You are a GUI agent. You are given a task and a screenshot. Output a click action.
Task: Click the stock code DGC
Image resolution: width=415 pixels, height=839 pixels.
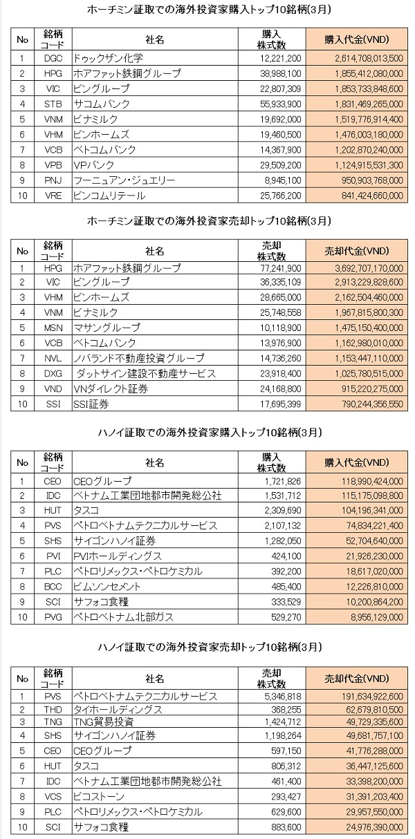point(53,58)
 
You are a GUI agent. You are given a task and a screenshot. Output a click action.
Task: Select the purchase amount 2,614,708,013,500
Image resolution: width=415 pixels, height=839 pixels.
point(369,58)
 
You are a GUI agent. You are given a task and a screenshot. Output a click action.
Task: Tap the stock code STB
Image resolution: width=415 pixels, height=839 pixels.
point(53,104)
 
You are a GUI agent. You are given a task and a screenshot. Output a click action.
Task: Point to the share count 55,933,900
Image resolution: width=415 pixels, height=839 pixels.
point(281,104)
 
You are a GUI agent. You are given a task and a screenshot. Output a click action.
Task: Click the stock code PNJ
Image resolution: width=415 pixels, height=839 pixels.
point(53,180)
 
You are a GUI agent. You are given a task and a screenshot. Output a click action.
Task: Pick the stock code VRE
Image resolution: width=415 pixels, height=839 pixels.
point(53,196)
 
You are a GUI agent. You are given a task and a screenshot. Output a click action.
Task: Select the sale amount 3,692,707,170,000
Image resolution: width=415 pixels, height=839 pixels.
point(369,268)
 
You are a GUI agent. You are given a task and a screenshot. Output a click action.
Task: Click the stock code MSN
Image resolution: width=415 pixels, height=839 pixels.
point(53,328)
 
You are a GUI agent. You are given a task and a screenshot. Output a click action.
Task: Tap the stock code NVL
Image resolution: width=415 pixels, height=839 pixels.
point(53,359)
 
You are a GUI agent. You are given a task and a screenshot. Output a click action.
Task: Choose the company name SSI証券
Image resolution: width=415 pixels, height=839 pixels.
point(91,404)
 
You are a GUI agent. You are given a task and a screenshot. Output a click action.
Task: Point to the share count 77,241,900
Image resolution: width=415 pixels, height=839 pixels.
point(281,268)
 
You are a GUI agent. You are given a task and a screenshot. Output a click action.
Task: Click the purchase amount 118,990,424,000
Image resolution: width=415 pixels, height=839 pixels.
point(372,481)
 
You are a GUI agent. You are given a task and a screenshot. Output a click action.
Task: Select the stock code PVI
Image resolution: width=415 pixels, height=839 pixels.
point(53,556)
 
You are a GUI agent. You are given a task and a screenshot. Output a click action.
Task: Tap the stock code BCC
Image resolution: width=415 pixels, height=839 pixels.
point(53,587)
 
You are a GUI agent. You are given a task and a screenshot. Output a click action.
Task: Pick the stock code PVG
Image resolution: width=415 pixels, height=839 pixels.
point(53,617)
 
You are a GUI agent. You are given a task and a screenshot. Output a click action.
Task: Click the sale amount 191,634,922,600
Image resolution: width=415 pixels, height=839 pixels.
point(372,697)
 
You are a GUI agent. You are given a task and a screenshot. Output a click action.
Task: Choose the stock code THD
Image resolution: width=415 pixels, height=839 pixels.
point(53,709)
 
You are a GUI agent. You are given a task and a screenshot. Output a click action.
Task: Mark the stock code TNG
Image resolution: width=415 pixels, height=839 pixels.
point(53,722)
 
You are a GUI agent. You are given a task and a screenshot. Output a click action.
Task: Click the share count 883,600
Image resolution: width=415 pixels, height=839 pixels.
point(286,827)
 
